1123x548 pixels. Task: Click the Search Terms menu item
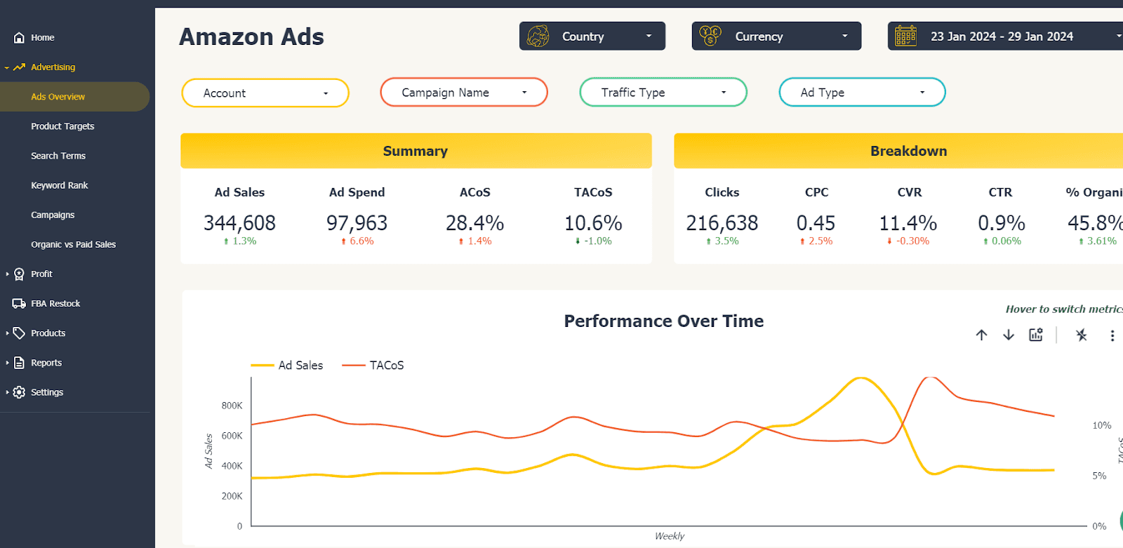(58, 156)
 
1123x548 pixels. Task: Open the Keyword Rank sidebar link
(60, 185)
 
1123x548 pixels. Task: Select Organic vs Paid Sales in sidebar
(73, 244)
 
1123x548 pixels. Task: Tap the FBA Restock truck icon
(19, 304)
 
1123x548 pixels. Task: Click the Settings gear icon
(19, 392)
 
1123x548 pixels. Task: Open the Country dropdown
(592, 36)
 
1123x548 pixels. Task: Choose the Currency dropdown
(776, 36)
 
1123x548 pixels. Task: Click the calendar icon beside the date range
(905, 36)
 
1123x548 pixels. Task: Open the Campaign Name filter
(463, 93)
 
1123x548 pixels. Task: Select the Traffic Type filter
(663, 93)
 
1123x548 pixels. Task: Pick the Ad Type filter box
(862, 93)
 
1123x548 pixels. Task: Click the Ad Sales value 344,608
(239, 223)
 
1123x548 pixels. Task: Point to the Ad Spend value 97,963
(357, 223)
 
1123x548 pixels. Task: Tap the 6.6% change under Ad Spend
(358, 241)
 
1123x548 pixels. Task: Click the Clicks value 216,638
(722, 223)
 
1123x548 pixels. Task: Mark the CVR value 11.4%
(908, 223)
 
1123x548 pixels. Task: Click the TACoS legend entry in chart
(373, 366)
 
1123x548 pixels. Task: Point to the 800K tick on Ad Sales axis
(232, 406)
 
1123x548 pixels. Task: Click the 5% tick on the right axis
(1099, 476)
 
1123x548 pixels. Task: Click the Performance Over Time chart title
(663, 321)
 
